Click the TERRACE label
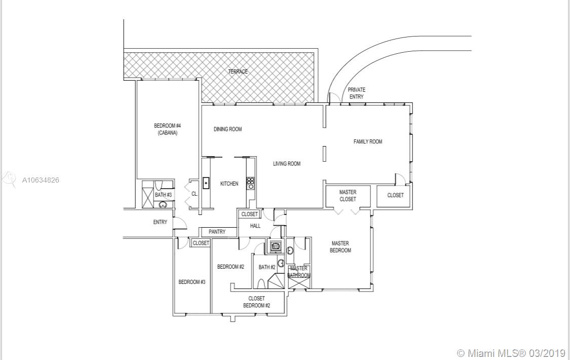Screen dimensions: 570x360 [x=238, y=71]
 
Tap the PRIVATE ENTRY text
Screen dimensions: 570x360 [x=356, y=93]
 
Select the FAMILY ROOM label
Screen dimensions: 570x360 [x=368, y=141]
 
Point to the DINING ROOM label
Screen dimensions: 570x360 [x=227, y=129]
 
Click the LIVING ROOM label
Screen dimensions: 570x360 [x=287, y=164]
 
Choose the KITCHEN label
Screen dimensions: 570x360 [x=229, y=184]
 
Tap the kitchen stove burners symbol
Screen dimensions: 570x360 [x=250, y=183]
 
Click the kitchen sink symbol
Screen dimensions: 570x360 [x=206, y=183]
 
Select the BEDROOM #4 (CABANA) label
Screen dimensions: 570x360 [x=167, y=129]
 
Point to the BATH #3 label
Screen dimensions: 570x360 [x=164, y=195]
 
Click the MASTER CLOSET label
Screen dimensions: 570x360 [x=348, y=196]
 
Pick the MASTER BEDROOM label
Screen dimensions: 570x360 [x=340, y=247]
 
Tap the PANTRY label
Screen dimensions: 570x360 [x=217, y=232]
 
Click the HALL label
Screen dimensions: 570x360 [x=255, y=226]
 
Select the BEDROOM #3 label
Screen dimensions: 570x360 [x=192, y=282]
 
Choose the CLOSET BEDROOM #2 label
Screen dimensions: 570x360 [x=256, y=302]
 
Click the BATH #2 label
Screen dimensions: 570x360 [x=267, y=267]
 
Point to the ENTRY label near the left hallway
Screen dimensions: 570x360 [x=160, y=222]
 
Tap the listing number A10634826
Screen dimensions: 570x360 [x=41, y=179]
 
